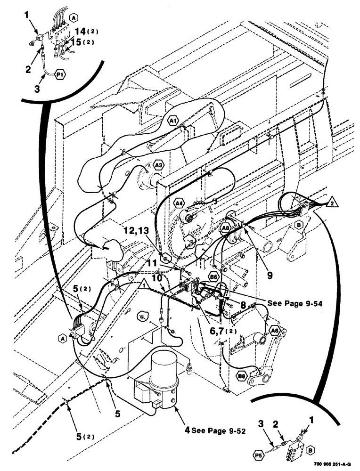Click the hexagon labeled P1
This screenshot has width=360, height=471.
61,74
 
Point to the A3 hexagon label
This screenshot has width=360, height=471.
158,165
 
